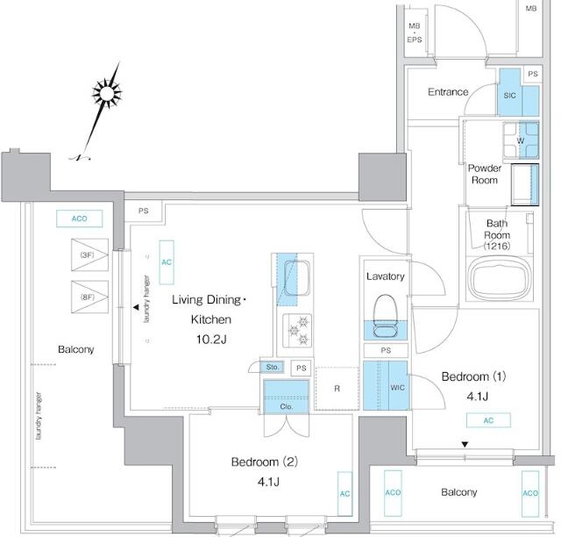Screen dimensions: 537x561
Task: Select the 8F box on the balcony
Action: pos(87,297)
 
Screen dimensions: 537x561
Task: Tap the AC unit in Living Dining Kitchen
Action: pos(167,261)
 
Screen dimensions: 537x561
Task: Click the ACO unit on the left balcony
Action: pos(80,218)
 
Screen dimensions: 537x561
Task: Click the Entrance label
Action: pos(448,92)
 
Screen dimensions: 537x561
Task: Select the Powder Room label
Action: pos(483,174)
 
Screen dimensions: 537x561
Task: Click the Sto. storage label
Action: pos(272,367)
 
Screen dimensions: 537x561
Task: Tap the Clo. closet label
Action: pos(287,407)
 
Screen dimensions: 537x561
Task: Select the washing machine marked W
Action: pos(520,140)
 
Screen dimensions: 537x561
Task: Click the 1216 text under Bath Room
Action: pos(497,246)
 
